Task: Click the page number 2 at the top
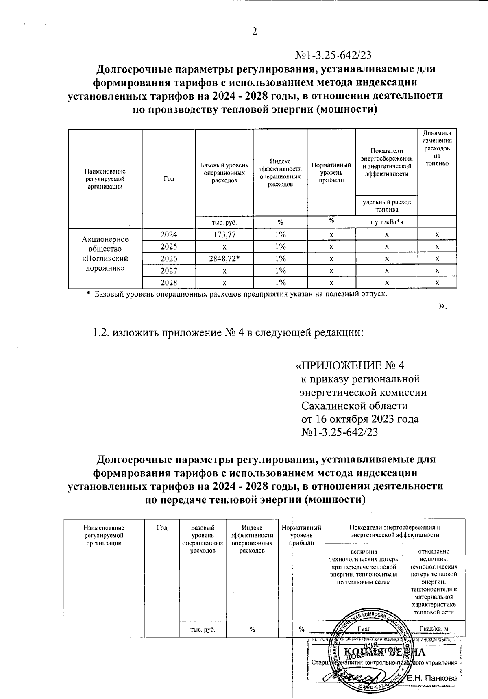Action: click(x=255, y=32)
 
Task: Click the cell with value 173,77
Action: click(x=224, y=234)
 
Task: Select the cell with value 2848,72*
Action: click(x=224, y=259)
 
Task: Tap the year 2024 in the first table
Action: click(x=169, y=234)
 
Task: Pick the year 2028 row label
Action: click(x=169, y=282)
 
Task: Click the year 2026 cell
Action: click(x=169, y=259)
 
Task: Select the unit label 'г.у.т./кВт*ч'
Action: click(x=388, y=222)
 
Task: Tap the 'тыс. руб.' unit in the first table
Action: click(x=224, y=222)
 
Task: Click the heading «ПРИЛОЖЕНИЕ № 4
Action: click(x=350, y=365)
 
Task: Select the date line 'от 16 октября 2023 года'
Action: click(x=359, y=419)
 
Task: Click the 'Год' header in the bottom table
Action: click(x=162, y=528)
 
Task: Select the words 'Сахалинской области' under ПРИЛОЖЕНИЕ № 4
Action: click(x=354, y=406)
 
